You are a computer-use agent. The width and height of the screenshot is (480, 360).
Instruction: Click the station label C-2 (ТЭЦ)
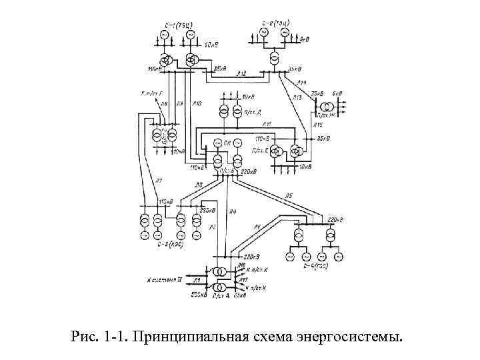click(273, 22)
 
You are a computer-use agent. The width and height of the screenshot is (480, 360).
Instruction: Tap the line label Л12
click(241, 73)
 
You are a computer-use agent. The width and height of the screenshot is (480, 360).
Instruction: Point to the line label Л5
click(289, 195)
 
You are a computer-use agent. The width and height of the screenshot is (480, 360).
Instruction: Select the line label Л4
click(232, 212)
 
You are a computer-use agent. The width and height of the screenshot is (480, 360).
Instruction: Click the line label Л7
click(159, 180)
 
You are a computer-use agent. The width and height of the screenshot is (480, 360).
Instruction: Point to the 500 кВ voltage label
click(199, 294)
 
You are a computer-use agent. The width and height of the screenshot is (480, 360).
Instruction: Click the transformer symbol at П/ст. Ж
click(327, 107)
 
